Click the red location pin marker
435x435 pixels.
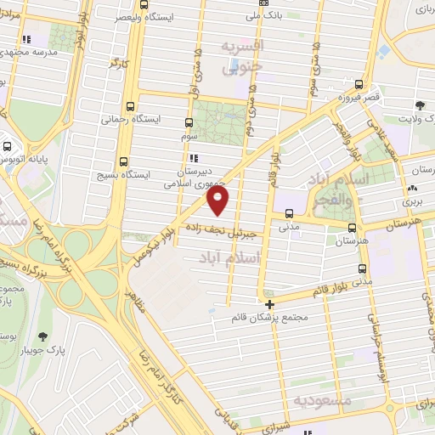tap(218, 201)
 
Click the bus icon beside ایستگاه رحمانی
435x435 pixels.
tap(130, 107)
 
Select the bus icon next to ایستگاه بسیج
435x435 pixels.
tap(125, 161)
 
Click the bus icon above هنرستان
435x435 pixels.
tap(353, 227)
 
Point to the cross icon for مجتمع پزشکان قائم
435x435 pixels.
tap(269, 303)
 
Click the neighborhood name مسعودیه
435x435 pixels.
tap(320, 399)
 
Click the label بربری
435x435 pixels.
tap(410, 202)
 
